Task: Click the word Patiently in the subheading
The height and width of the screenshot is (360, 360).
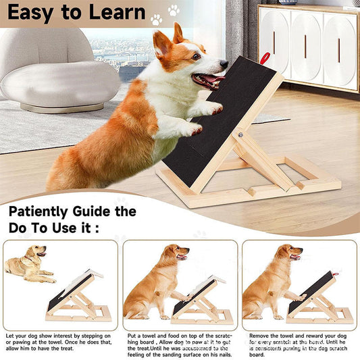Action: point(51,211)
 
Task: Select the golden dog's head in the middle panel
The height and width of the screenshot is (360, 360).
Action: point(178,255)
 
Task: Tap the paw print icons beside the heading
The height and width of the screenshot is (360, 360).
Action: point(165,14)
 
